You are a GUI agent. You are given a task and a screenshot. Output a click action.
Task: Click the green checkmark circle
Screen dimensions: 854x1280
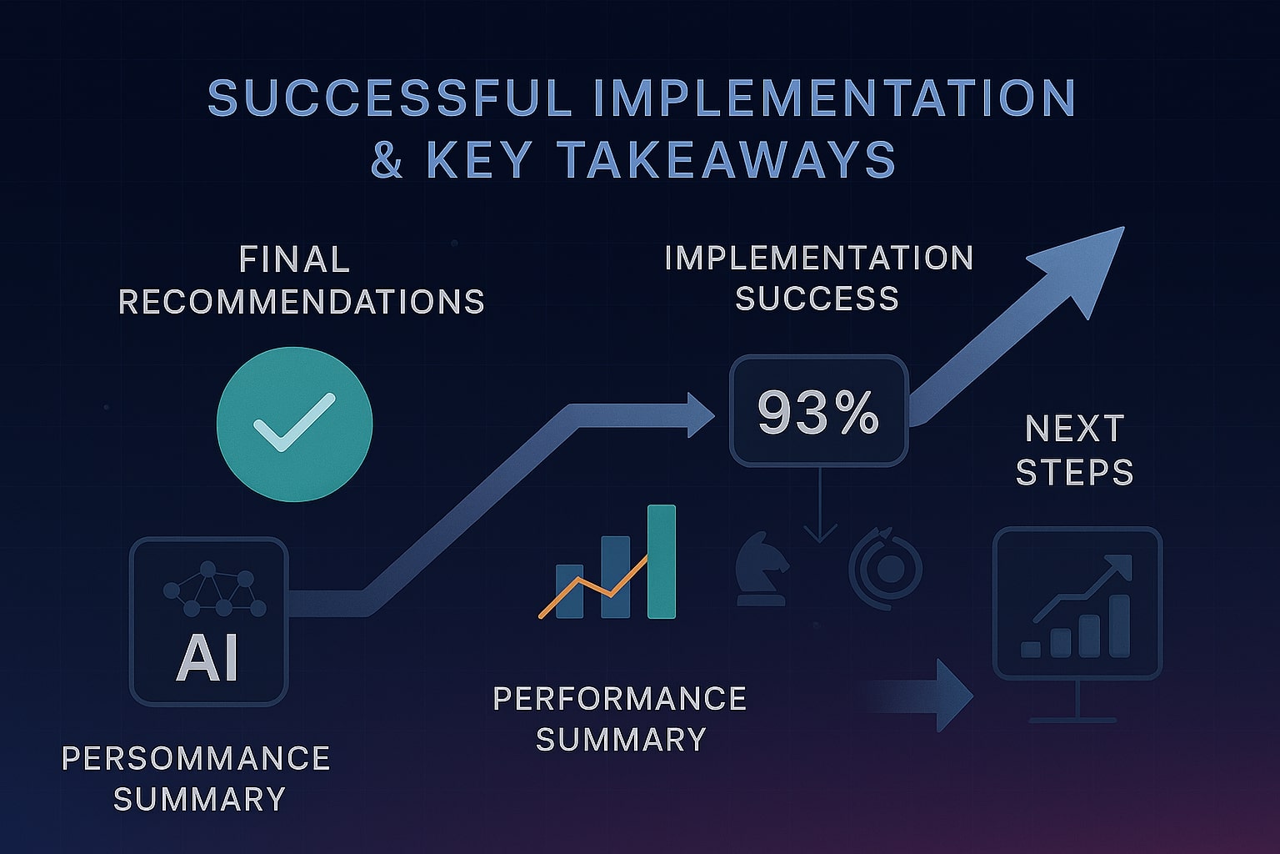click(x=294, y=424)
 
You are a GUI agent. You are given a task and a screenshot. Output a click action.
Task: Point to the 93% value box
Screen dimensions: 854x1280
click(x=817, y=411)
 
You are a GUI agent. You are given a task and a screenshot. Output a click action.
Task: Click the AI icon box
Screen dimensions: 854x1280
click(x=208, y=620)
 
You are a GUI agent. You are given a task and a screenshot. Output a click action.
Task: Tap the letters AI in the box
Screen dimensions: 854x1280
click(x=207, y=658)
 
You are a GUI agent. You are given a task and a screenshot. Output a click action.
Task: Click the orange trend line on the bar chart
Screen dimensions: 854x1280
click(x=592, y=587)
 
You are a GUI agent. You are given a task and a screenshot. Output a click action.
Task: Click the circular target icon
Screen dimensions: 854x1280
click(x=887, y=570)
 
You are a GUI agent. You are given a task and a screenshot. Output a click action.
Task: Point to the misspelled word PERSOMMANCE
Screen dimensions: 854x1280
click(x=196, y=758)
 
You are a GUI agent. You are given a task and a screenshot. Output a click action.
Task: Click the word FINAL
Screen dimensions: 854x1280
click(x=294, y=259)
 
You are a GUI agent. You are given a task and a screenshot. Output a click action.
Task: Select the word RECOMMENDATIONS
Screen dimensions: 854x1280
click(x=301, y=301)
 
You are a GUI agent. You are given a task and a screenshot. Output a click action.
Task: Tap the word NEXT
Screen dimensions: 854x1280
click(x=1074, y=430)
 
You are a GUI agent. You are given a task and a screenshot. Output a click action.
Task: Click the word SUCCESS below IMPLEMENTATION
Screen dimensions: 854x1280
click(x=817, y=298)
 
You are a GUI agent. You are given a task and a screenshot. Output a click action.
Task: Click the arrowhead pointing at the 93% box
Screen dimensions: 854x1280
click(x=700, y=414)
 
